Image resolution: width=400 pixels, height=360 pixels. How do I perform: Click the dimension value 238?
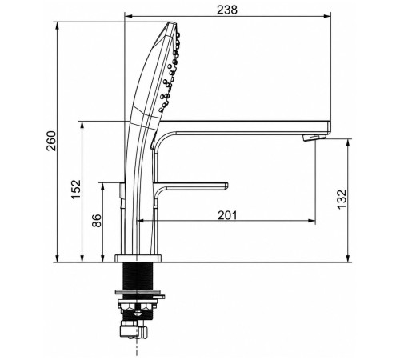[x=227, y=10]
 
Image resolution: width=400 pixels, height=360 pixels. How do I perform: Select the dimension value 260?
[x=51, y=141]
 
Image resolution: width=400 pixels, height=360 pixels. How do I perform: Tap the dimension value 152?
[x=76, y=189]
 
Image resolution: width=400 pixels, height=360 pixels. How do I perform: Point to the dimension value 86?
[x=97, y=221]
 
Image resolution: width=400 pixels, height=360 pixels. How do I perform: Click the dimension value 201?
[x=227, y=215]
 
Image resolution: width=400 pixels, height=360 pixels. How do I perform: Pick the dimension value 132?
[x=342, y=199]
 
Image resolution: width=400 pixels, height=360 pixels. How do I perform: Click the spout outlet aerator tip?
[x=314, y=138]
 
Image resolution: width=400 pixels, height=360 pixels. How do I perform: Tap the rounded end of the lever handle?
[x=226, y=186]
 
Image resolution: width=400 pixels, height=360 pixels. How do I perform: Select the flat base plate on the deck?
[x=138, y=258]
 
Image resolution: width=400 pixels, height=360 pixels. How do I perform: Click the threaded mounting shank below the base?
[x=138, y=276]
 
